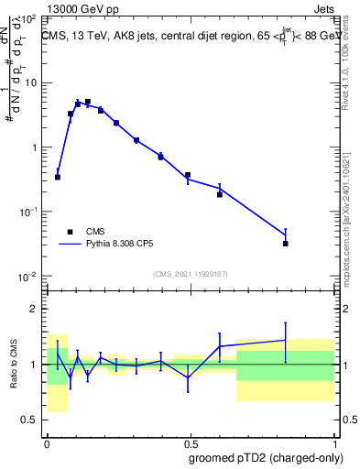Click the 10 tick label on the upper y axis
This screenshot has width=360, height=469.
30,83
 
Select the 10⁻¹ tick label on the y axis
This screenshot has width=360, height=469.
29,213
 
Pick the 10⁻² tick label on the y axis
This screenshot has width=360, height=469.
29,277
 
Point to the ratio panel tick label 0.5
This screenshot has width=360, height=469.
29,420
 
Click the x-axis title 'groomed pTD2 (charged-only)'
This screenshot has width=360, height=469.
265,457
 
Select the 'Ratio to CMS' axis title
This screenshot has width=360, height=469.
14,365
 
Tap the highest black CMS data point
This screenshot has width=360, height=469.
87,102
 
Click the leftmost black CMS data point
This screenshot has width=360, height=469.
58,177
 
